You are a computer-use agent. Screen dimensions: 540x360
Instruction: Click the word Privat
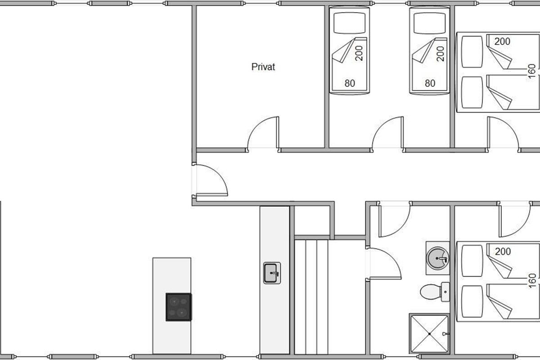click(x=263, y=67)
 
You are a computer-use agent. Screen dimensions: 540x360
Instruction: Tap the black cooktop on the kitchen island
click(x=179, y=307)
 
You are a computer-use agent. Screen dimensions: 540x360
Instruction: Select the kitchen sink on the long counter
click(x=272, y=273)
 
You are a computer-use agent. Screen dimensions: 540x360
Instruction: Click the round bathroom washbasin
click(x=438, y=258)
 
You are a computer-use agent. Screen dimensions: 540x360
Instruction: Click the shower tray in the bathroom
click(x=429, y=334)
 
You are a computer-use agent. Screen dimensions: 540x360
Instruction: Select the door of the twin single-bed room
click(x=387, y=132)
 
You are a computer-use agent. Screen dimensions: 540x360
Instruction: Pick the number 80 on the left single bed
click(x=350, y=83)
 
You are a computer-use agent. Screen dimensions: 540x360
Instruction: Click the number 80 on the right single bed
click(x=430, y=83)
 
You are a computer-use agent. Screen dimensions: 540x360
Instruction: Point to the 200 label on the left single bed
click(x=359, y=53)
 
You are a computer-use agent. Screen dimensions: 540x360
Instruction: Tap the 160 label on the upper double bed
click(x=531, y=71)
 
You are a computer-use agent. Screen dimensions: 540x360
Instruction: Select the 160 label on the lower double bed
click(x=532, y=281)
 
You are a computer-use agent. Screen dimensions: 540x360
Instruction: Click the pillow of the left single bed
click(x=349, y=23)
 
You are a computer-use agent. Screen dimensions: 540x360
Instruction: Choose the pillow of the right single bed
click(x=430, y=23)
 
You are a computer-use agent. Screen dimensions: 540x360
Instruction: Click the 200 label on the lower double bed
click(x=503, y=252)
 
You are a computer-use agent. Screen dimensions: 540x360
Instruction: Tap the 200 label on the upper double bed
click(x=502, y=41)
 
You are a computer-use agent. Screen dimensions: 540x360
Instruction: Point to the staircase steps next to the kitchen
click(x=311, y=297)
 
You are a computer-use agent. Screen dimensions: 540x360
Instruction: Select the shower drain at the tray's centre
click(x=430, y=334)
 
